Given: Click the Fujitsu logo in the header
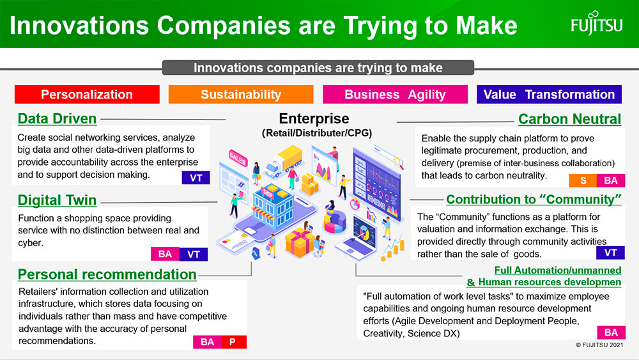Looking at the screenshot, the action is tap(597, 24).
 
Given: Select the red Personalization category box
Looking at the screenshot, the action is tap(87, 94).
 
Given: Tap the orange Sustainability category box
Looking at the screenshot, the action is tap(241, 94).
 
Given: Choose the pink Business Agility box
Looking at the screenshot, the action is tap(395, 94).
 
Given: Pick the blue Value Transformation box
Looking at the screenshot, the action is tap(549, 94).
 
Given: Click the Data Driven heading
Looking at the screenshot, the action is tap(57, 119).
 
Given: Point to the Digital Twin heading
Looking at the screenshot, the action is tap(57, 200).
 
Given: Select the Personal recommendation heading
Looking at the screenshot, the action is tap(107, 274).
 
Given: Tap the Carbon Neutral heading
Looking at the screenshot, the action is tap(570, 119).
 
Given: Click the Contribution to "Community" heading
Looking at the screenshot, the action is tap(534, 200).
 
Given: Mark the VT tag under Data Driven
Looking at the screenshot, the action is tap(196, 178).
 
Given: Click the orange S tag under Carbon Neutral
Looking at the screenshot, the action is tap(583, 180).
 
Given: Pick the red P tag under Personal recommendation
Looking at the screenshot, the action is tap(233, 341).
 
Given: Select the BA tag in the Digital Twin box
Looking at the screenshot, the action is tap(165, 254).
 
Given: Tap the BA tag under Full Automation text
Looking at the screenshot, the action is tap(611, 333).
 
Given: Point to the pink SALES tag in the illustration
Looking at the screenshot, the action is tap(238, 158).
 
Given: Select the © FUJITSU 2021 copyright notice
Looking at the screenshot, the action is tap(599, 345).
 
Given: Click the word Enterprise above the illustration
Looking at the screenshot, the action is tap(314, 119).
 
